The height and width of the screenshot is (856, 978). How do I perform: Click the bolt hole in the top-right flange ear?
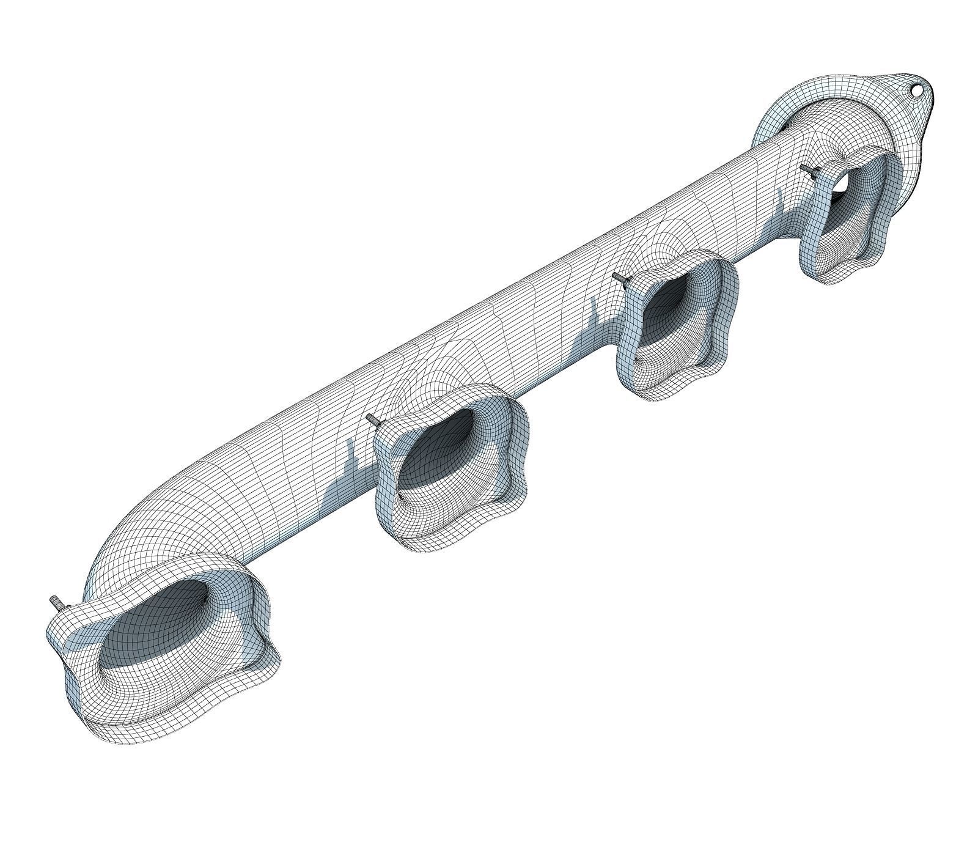click(x=916, y=90)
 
